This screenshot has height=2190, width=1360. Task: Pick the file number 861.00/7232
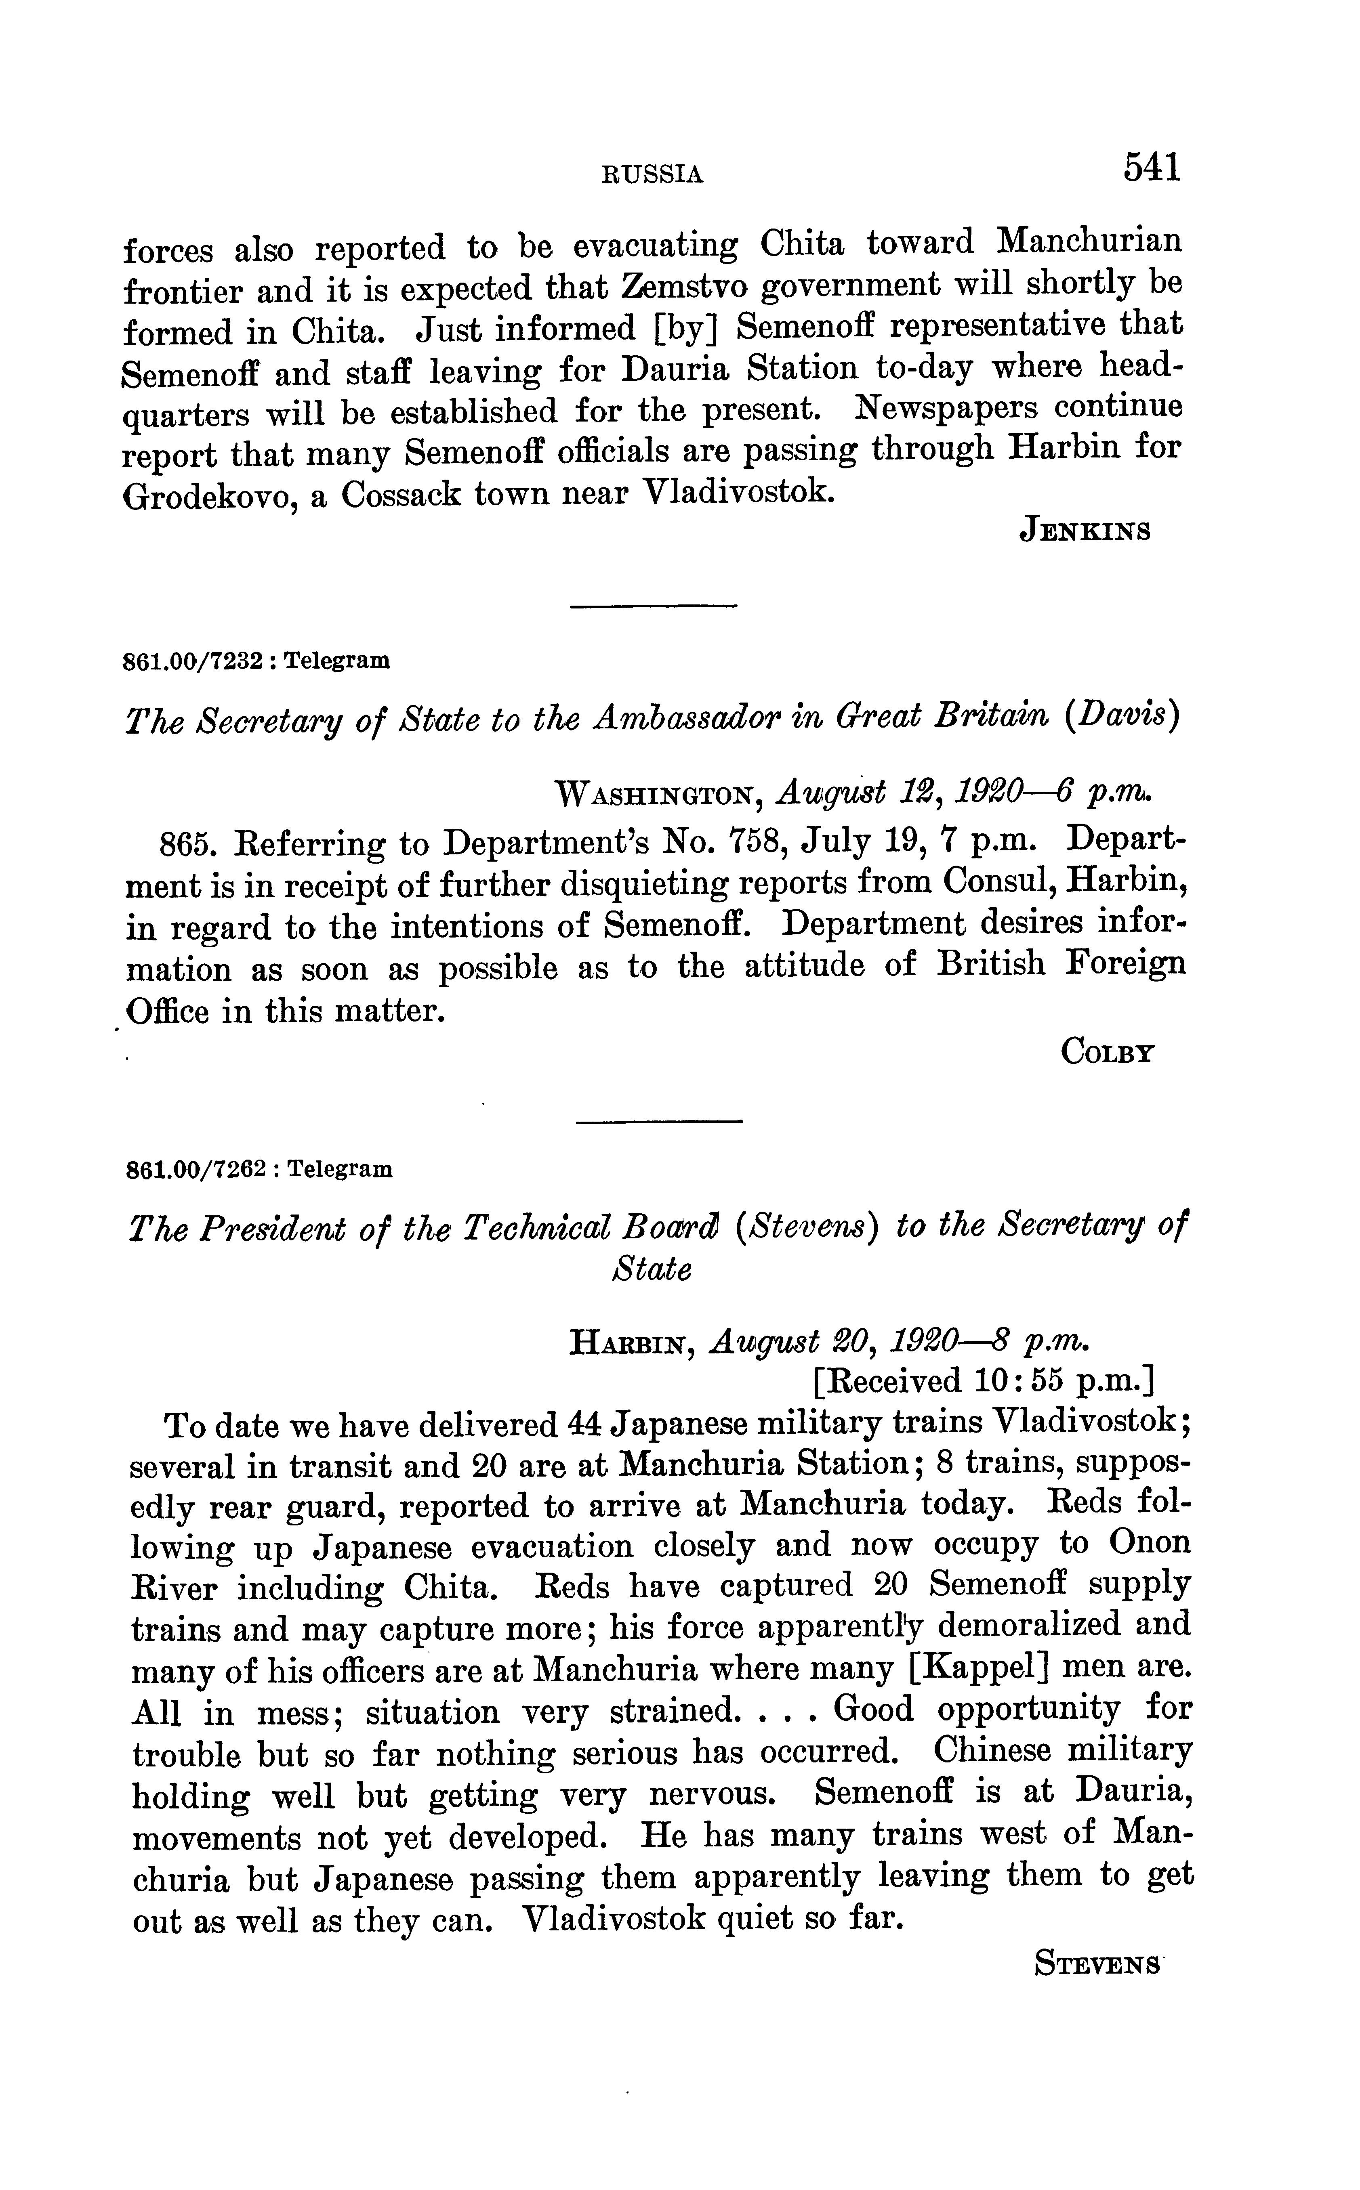click(194, 662)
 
